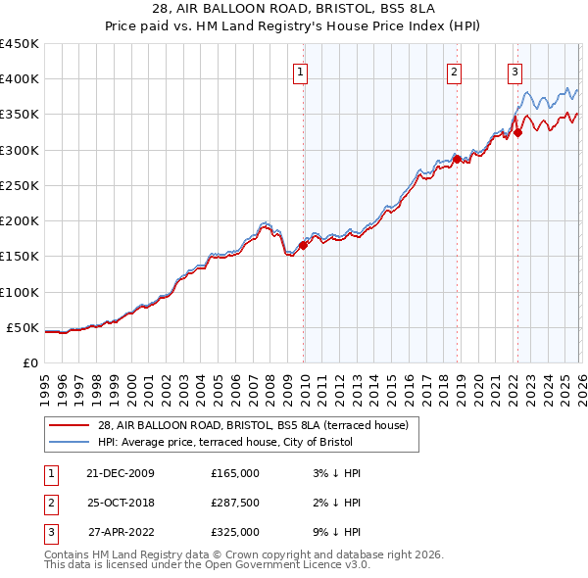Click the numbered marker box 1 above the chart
300,71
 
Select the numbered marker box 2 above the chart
455,71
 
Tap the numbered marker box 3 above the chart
514,71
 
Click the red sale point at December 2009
303,246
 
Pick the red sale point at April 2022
517,133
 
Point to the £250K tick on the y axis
20,185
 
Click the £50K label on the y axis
23,327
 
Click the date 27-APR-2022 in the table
121,532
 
